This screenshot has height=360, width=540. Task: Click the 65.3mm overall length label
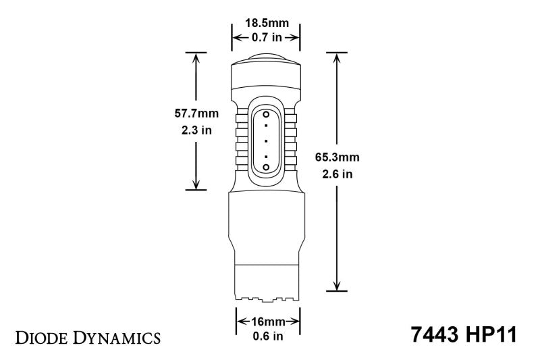pos(337,157)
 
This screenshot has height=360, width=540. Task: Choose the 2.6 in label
pos(337,174)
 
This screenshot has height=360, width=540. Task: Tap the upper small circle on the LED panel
pos(266,113)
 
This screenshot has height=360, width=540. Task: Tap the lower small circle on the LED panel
pos(266,166)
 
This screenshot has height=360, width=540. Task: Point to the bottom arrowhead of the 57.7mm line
pos(196,184)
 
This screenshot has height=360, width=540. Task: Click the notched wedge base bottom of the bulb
pos(265,295)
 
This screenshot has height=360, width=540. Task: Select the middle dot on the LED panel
pos(266,140)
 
